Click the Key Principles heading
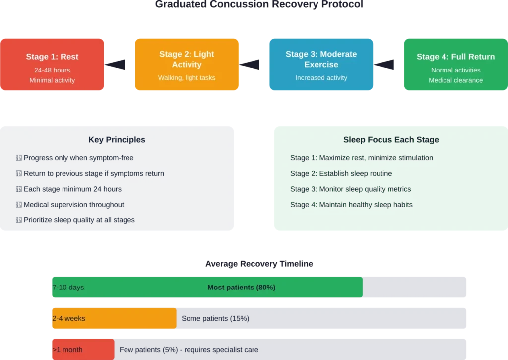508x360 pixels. pyautogui.click(x=117, y=140)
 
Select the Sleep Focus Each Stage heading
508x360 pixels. pyautogui.click(x=391, y=140)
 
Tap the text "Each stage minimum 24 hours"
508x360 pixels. pyautogui.click(x=72, y=189)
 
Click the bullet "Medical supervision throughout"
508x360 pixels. pyautogui.click(x=74, y=205)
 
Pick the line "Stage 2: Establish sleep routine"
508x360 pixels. pyautogui.click(x=341, y=174)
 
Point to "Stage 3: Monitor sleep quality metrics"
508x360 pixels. pyautogui.click(x=350, y=189)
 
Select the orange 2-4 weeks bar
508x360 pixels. pyautogui.click(x=114, y=318)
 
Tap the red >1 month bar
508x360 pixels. pyautogui.click(x=83, y=350)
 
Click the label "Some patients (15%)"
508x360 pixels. pyautogui.click(x=215, y=318)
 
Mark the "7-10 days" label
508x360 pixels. pyautogui.click(x=68, y=288)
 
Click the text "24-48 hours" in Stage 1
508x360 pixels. pyautogui.click(x=52, y=70)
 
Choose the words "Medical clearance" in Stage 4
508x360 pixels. pyautogui.click(x=455, y=80)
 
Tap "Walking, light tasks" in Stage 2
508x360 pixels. pyautogui.click(x=187, y=78)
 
